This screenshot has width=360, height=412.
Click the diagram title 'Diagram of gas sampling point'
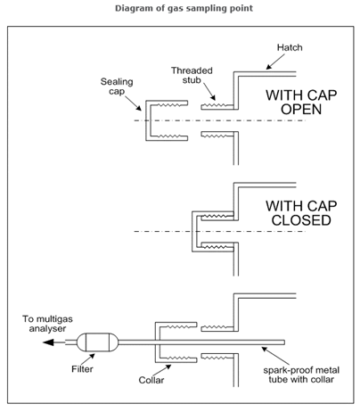click(184, 8)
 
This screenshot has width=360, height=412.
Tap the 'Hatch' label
click(290, 47)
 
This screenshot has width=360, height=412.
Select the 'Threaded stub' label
click(192, 75)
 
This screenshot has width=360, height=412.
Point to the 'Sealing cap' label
click(117, 87)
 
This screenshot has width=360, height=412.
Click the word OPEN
click(301, 110)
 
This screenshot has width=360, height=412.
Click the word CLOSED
click(301, 220)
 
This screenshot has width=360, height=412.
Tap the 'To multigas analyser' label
click(47, 324)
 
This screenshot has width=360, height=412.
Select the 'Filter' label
click(82, 369)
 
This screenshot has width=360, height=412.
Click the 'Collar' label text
click(151, 380)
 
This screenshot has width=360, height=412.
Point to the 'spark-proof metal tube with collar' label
click(301, 375)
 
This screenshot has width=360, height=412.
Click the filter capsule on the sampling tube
click(97, 342)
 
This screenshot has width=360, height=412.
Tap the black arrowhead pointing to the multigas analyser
click(48, 342)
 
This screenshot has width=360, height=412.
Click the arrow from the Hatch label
click(275, 62)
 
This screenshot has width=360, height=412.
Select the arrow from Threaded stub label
click(209, 92)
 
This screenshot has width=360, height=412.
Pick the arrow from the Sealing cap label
click(133, 103)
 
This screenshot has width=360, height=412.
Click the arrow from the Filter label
click(87, 359)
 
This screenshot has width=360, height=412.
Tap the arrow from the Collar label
click(162, 370)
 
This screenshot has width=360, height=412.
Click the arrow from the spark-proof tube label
click(271, 356)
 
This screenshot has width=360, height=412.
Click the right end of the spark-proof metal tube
click(284, 342)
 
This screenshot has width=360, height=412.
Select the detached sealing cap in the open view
click(146, 120)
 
